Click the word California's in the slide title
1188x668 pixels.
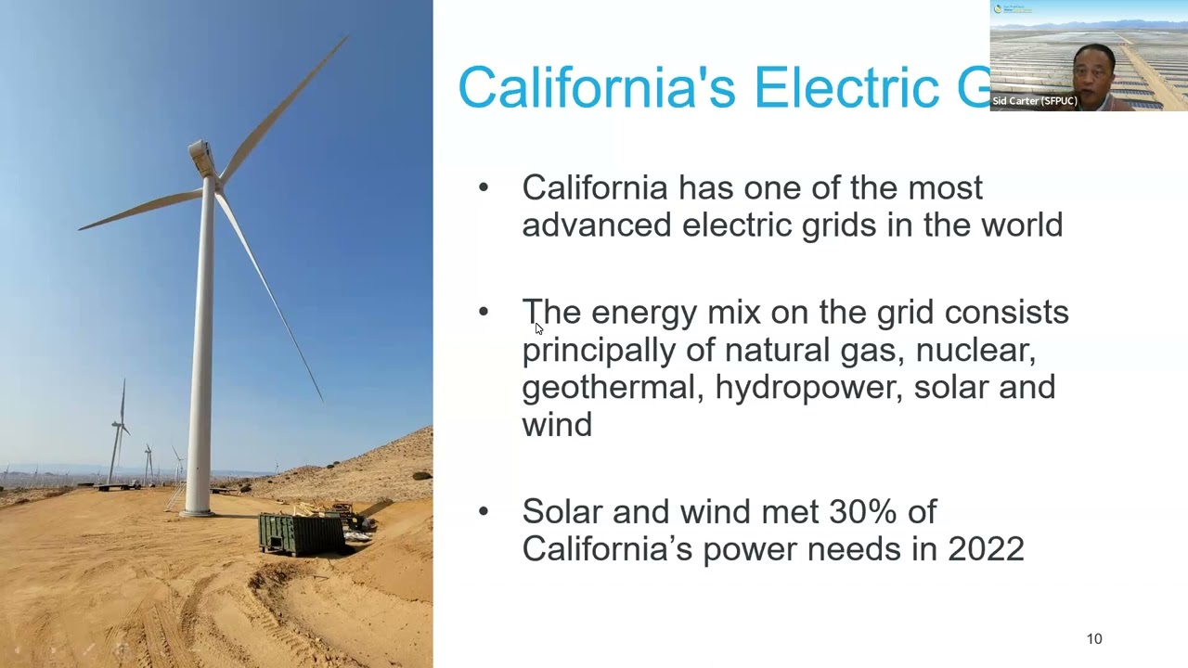point(596,87)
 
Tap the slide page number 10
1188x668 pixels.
point(1094,638)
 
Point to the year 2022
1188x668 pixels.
point(986,548)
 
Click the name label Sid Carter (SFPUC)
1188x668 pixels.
point(1034,101)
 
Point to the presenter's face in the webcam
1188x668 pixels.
point(1091,74)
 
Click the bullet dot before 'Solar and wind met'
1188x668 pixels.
point(483,511)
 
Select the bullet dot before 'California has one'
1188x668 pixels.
point(483,187)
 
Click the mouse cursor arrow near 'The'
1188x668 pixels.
point(538,328)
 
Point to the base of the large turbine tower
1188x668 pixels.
point(198,507)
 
